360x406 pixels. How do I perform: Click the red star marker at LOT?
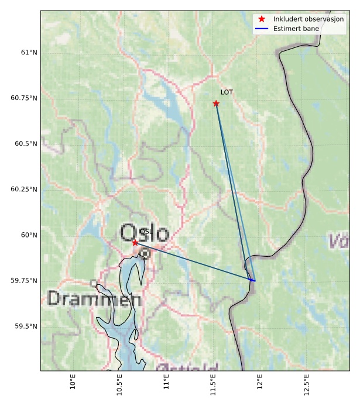pyautogui.click(x=216, y=104)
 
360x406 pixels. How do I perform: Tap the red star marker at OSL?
pyautogui.click(x=135, y=242)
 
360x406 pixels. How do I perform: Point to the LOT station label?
pyautogui.click(x=227, y=92)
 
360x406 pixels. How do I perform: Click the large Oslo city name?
pyautogui.click(x=145, y=233)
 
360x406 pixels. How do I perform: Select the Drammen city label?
pyautogui.click(x=94, y=300)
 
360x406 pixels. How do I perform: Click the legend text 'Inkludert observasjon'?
pyautogui.click(x=308, y=19)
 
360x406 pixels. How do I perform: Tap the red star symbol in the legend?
pyautogui.click(x=262, y=19)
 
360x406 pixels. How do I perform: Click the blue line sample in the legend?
pyautogui.click(x=262, y=29)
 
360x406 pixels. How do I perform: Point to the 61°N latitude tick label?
pyautogui.click(x=29, y=53)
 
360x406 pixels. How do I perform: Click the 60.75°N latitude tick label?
pyautogui.click(x=24, y=98)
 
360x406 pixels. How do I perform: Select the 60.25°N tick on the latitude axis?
pyautogui.click(x=24, y=190)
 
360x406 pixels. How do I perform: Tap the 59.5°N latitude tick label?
pyautogui.click(x=26, y=326)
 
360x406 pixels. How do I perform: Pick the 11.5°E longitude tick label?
pyautogui.click(x=213, y=384)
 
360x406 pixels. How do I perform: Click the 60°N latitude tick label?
pyautogui.click(x=29, y=235)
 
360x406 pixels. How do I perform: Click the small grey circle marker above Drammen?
pyautogui.click(x=94, y=283)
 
